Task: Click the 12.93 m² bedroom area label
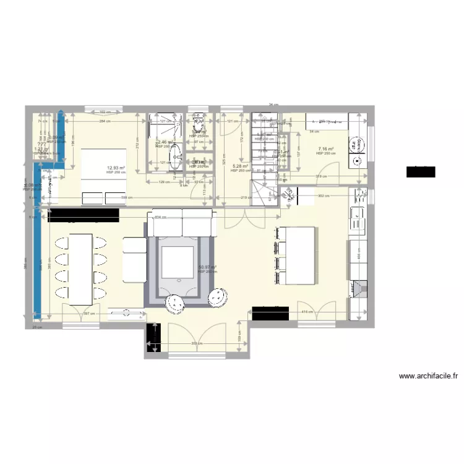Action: coord(116,168)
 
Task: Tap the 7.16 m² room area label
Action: coord(326,149)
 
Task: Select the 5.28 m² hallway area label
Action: coord(240,166)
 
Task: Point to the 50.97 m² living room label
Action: coord(207,268)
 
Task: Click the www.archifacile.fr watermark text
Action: coord(428,376)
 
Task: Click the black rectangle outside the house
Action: coord(421,172)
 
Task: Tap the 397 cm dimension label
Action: coord(88,314)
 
